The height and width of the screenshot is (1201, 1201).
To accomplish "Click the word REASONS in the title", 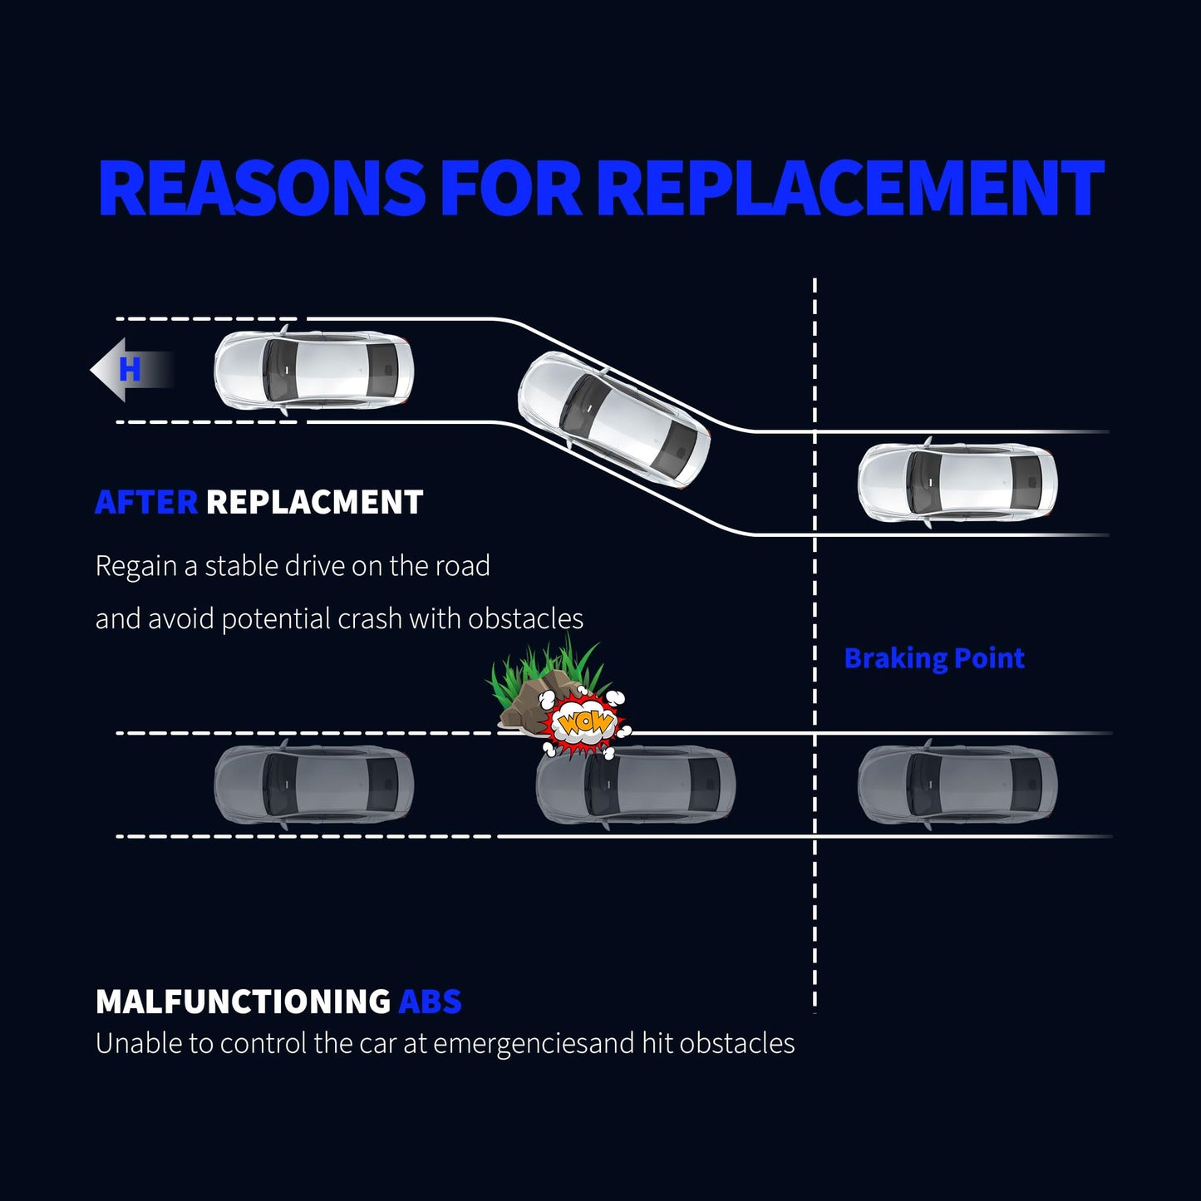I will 261,188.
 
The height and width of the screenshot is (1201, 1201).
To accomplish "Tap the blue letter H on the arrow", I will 130,369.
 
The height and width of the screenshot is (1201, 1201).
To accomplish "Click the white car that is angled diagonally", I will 614,420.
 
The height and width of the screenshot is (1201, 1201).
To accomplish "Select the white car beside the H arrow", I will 313,370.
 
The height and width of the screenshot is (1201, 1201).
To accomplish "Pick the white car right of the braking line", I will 957,482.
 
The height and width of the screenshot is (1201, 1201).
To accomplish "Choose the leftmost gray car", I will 313,785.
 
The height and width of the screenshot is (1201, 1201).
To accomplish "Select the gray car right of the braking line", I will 957,785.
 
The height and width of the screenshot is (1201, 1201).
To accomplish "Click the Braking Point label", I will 934,658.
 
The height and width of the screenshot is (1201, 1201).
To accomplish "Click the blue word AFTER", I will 146,503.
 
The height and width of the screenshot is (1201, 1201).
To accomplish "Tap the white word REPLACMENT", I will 314,503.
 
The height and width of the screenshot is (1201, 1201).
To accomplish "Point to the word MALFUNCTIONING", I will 243,1002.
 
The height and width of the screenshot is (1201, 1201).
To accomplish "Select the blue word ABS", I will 430,1002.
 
